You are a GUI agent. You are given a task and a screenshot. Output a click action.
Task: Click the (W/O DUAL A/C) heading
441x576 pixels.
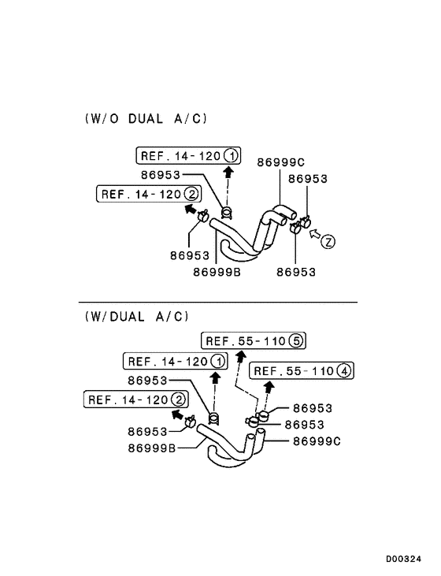[146, 119]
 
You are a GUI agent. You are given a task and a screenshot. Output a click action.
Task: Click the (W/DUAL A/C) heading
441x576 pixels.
[137, 316]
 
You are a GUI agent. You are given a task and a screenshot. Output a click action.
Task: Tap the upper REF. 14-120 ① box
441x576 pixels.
[189, 155]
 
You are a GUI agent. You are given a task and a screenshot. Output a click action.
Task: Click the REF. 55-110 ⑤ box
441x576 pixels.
[253, 341]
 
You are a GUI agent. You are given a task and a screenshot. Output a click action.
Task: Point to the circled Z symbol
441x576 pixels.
[328, 242]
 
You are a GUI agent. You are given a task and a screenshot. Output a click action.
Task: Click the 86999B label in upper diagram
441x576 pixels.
[217, 272]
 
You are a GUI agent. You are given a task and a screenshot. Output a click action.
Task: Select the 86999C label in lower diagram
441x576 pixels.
[317, 441]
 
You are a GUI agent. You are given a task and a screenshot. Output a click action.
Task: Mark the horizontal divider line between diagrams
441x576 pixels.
[218, 302]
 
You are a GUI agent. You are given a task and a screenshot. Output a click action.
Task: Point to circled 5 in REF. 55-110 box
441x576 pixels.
[295, 341]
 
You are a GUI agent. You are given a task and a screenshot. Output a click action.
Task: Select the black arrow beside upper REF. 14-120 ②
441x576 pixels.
[190, 209]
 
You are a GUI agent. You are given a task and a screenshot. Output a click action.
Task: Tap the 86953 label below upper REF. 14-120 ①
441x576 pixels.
[161, 175]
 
